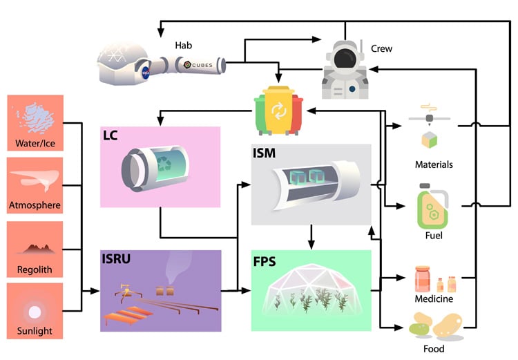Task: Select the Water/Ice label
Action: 35,144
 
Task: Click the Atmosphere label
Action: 35,205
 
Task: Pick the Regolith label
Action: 35,269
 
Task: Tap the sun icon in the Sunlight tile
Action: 35,310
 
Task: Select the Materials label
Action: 434,164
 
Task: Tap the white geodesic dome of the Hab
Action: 124,59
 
